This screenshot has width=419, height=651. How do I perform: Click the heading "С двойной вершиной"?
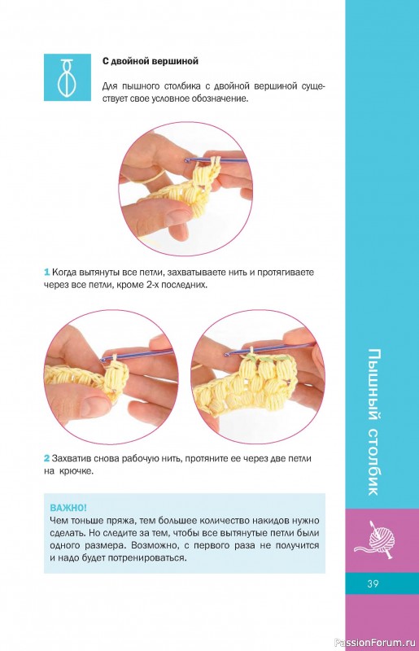[151, 62]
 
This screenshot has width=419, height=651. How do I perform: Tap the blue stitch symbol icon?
[68, 77]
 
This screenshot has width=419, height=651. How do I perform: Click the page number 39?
[373, 583]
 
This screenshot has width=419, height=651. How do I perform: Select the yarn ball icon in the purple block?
[375, 539]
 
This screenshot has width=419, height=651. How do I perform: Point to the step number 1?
[46, 273]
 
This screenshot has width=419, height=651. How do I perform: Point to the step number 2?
[47, 459]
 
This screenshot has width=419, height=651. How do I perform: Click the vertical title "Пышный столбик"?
[373, 422]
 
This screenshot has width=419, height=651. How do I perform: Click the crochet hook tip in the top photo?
[187, 159]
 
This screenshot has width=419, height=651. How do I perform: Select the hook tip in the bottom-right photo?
[227, 355]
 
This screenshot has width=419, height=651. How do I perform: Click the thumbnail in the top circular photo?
[177, 214]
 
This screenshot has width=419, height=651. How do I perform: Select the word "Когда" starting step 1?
[63, 273]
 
